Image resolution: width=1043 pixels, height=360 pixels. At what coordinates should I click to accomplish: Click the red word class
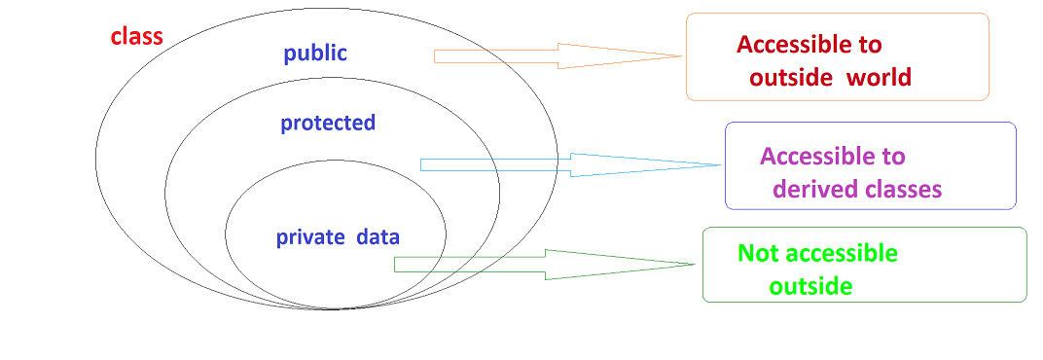[136, 37]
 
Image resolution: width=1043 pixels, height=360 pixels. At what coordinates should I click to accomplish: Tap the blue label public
[315, 54]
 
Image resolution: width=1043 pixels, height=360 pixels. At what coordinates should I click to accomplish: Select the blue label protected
[328, 124]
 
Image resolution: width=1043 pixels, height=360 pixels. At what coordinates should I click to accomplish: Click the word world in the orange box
[879, 78]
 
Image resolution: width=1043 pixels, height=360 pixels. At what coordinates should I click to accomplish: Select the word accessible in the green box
[842, 254]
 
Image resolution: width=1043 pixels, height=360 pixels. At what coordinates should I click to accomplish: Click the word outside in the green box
[810, 287]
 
